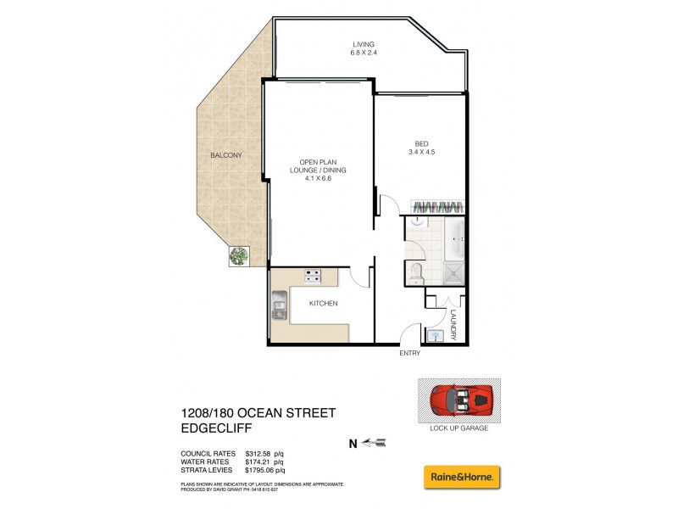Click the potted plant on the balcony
coord(239,255)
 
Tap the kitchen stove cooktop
coord(311,276)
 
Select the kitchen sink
coord(280,306)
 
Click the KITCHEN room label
coord(323,303)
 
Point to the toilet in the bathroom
coord(416,271)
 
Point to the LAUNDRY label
coord(454,325)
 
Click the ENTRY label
coord(410,354)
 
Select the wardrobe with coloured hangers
coord(437,208)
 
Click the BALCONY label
coord(226,155)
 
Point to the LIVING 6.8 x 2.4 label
coord(364,48)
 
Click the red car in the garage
coord(458,400)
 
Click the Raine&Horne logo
coord(462,476)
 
